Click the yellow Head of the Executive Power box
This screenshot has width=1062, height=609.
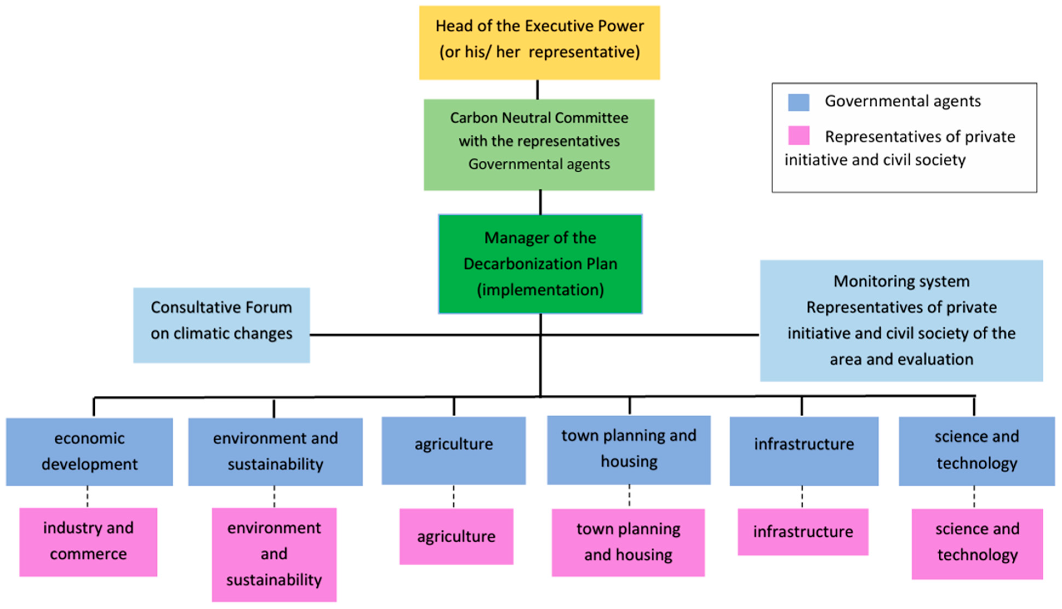[539, 42]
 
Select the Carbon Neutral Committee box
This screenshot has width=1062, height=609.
[539, 144]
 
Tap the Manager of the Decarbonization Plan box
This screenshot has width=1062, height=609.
[540, 263]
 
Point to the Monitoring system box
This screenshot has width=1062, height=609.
[901, 320]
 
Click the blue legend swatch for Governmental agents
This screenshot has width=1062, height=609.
[798, 102]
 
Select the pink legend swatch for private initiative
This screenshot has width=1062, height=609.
[798, 135]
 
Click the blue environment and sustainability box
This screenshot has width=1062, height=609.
[275, 451]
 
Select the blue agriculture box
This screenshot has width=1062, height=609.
[453, 451]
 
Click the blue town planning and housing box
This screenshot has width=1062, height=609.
[629, 450]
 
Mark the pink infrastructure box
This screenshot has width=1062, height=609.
[802, 532]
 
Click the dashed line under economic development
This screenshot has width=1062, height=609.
[87, 496]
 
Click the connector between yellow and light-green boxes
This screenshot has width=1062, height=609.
[537, 90]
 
